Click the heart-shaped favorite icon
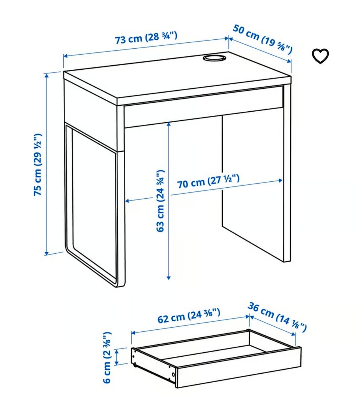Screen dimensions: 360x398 [320, 56]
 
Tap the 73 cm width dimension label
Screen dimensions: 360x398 [146, 38]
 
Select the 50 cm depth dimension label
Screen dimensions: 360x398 [263, 39]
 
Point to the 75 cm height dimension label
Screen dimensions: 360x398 [37, 165]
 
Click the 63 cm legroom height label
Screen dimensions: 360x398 [160, 201]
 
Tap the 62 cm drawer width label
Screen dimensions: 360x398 [189, 316]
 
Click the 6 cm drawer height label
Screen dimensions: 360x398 [107, 358]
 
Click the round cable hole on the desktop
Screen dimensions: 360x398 [214, 58]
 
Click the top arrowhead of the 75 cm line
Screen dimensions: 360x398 [46, 75]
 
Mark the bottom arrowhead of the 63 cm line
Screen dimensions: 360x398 [168, 277]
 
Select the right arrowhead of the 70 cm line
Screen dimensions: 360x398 [281, 181]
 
